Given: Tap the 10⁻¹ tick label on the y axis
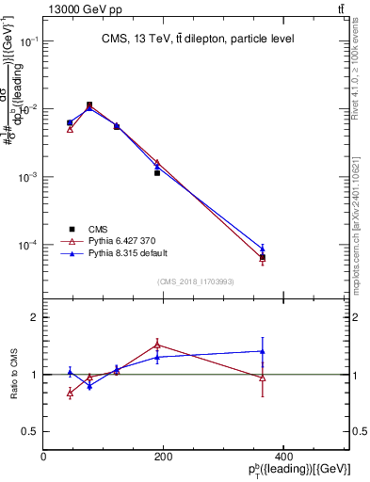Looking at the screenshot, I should point(28,41).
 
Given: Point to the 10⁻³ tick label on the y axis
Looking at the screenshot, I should point(28,177).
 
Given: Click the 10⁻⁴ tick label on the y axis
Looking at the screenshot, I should point(28,245).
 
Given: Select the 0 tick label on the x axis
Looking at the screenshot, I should point(43,457).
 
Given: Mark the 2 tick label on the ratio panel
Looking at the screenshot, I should point(33,317).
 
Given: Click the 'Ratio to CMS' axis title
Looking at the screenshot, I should point(13,376).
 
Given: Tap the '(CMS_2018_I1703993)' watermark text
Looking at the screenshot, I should point(197,281).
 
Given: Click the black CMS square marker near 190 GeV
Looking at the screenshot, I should point(157,173).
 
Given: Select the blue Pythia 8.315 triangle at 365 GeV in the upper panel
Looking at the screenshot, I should point(263,249).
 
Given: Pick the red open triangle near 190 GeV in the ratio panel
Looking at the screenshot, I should point(157,345).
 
